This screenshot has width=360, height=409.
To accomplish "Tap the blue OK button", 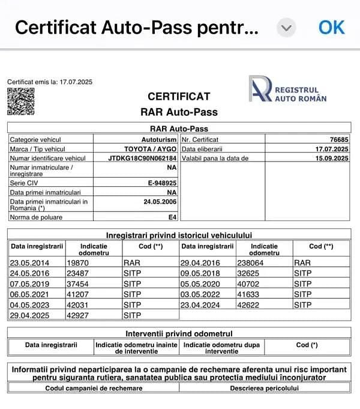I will coord(331,27).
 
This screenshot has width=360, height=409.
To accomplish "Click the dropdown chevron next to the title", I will coord(287,28).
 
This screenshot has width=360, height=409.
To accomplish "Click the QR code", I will coord(20,101).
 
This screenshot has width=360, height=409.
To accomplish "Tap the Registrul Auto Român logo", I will coord(287,89).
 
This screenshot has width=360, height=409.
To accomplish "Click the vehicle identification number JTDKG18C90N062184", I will coord(143,158).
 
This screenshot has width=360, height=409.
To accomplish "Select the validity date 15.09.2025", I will coord(332,158).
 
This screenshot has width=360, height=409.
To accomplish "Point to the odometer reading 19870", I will coord(77,262).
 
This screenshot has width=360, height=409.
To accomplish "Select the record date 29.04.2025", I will coord(29,314).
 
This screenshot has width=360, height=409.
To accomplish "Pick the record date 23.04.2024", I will coord(200,304).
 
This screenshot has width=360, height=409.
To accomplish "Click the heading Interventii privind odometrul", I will coord(179,333).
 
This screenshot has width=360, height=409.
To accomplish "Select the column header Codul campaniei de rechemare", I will coord(94,388).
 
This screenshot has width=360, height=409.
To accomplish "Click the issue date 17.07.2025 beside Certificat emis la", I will coord(76,82).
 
